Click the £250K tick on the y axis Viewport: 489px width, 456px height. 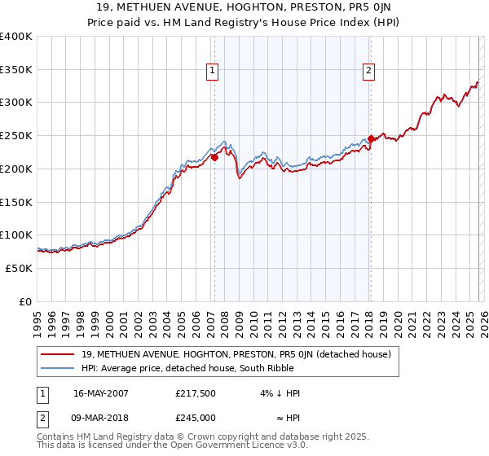[x=16, y=136]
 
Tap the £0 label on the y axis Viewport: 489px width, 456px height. [x=26, y=301]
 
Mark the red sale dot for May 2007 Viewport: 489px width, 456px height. [x=215, y=158]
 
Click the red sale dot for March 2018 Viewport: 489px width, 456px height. [x=371, y=139]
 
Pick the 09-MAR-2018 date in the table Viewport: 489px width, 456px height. [x=101, y=418]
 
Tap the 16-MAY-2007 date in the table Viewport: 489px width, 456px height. [x=101, y=393]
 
